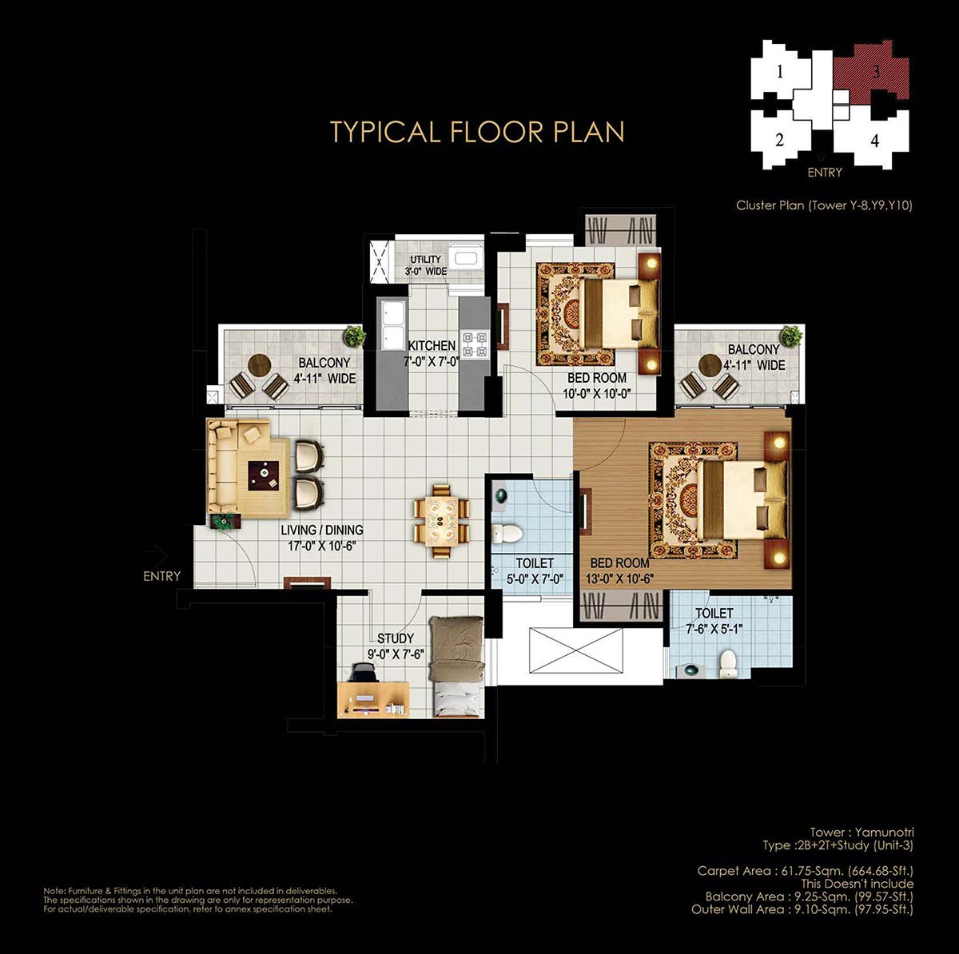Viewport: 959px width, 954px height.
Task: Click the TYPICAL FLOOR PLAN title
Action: coord(477,131)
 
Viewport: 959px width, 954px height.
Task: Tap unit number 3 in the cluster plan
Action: coord(876,72)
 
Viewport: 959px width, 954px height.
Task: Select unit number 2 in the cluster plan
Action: coord(779,140)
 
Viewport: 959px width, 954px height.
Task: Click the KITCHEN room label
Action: coord(432,345)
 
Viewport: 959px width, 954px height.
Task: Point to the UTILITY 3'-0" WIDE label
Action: coord(425,265)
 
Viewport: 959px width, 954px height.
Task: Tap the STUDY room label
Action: coord(395,638)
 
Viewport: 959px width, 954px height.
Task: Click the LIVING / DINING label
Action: coord(322,530)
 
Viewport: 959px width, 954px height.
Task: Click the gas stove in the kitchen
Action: coord(474,344)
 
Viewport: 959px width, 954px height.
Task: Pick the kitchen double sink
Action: coord(393,325)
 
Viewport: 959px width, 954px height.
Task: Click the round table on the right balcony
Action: coord(710,365)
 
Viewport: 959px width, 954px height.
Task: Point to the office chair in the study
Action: coord(363,673)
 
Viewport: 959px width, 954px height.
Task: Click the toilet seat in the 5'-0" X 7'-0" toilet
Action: coord(506,534)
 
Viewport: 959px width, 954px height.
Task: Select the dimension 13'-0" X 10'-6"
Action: coord(619,578)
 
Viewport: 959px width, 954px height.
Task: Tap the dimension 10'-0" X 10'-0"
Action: coord(597,394)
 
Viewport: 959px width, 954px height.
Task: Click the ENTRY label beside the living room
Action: coord(161,576)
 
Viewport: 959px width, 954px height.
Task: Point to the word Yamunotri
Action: coord(884,832)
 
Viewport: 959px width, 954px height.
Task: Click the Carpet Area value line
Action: coord(806,871)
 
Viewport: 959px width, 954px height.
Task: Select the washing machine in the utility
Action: coord(465,257)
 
